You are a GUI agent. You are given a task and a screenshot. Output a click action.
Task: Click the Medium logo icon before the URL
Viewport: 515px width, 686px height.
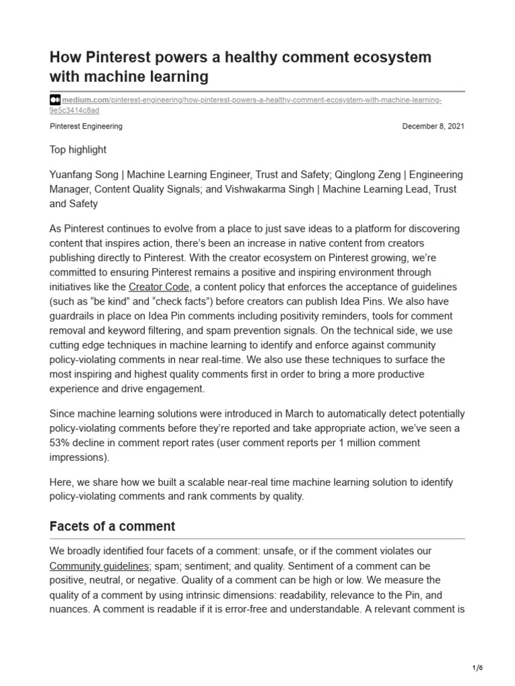tap(55, 100)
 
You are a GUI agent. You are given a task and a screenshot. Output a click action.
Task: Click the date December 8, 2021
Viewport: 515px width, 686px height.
tap(433, 126)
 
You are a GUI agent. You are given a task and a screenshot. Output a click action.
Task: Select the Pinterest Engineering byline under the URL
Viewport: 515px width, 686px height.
tap(86, 126)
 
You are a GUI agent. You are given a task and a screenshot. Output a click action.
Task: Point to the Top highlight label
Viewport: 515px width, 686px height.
tap(78, 150)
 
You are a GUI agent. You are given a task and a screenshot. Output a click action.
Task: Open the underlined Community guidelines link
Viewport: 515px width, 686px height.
tap(99, 565)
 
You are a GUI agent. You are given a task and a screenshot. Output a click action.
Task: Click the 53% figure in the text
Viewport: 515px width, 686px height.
tap(61, 443)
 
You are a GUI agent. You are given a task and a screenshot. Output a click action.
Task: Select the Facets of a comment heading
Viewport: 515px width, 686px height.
tap(112, 526)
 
